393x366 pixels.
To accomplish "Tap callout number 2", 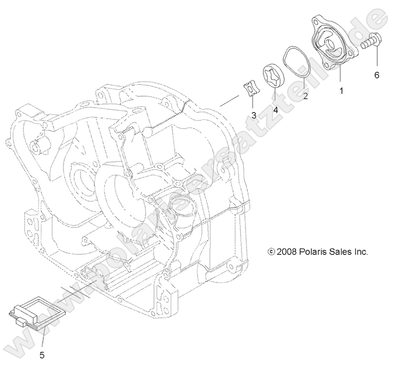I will [x=305, y=95].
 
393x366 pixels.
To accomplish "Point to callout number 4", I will [x=275, y=109].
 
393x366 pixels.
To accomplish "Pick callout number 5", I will [x=42, y=353].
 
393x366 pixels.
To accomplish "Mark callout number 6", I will [x=377, y=75].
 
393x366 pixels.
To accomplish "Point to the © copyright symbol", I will [x=271, y=252].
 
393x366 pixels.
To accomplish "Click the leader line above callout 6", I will [x=377, y=59].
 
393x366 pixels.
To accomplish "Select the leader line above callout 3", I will [x=253, y=102].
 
